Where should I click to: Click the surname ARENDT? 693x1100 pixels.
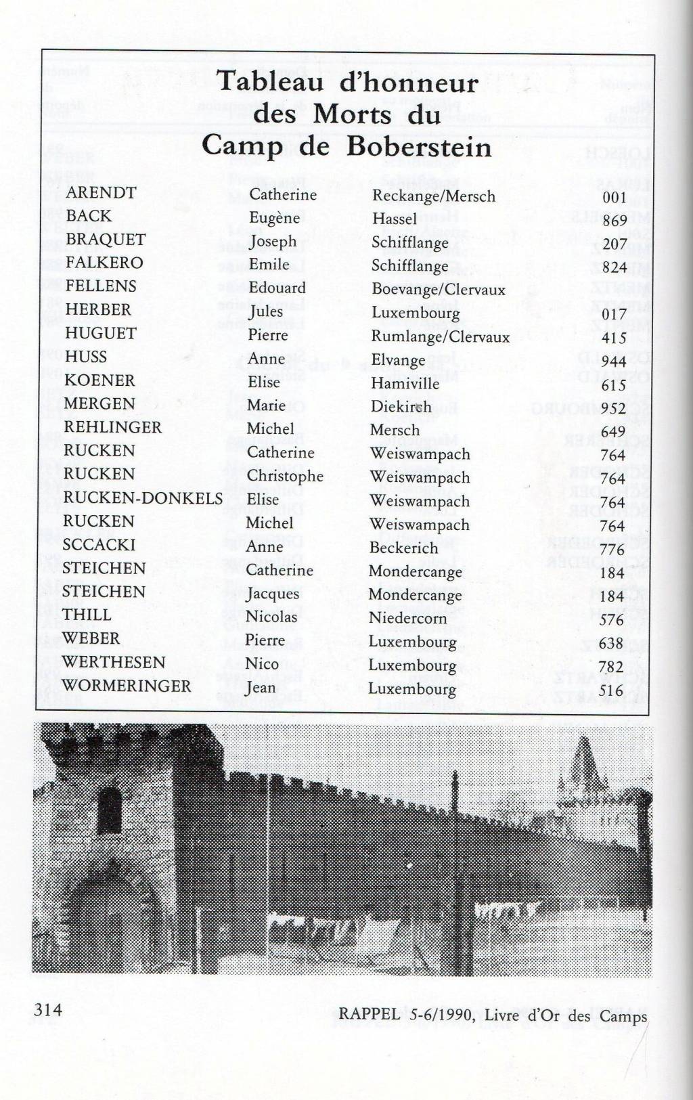(x=101, y=193)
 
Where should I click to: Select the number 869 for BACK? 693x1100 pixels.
(x=614, y=221)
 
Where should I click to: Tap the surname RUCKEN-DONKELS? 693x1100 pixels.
(x=143, y=498)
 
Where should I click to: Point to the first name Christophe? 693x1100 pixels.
(x=285, y=476)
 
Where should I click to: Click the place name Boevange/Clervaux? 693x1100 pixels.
(x=439, y=289)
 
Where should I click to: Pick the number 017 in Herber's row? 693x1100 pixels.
(x=614, y=314)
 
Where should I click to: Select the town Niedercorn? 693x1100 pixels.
(x=407, y=618)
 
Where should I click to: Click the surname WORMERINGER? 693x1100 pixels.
(x=127, y=686)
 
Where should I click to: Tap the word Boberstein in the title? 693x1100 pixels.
(x=420, y=147)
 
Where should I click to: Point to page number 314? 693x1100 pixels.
(x=48, y=1010)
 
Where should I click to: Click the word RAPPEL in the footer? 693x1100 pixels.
(x=370, y=1015)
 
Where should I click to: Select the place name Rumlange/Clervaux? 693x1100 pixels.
(x=440, y=336)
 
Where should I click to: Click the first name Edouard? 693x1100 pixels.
(x=277, y=288)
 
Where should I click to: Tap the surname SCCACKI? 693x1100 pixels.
(x=99, y=545)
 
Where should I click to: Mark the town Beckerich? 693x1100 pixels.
(x=403, y=548)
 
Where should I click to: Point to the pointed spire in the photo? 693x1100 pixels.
(x=583, y=758)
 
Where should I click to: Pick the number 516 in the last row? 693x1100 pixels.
(x=611, y=690)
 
